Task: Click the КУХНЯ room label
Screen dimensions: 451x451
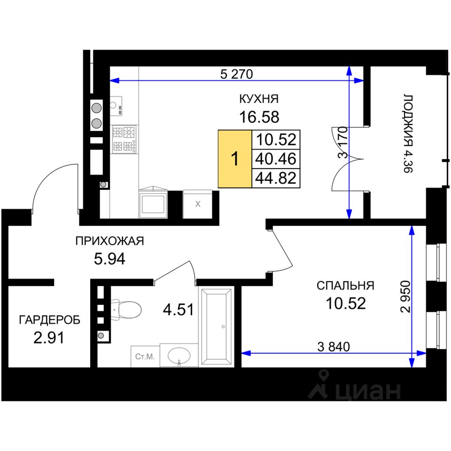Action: pyautogui.click(x=259, y=99)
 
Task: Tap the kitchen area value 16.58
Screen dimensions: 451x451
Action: pyautogui.click(x=259, y=117)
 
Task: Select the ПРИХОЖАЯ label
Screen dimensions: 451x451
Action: pyautogui.click(x=109, y=241)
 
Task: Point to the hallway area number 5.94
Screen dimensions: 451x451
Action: pyautogui.click(x=109, y=259)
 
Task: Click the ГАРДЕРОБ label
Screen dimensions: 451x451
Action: pyautogui.click(x=49, y=320)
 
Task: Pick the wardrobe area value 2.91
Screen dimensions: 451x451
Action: pyautogui.click(x=49, y=338)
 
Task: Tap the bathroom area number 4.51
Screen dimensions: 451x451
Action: pyautogui.click(x=179, y=310)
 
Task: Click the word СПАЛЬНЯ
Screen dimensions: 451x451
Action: pyautogui.click(x=345, y=286)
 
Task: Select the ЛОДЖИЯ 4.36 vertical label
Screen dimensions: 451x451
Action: pyautogui.click(x=408, y=133)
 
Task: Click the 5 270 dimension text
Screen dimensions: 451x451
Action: pyautogui.click(x=236, y=74)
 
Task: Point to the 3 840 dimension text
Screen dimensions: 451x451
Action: pyautogui.click(x=334, y=347)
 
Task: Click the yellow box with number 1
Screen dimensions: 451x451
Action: pyautogui.click(x=235, y=159)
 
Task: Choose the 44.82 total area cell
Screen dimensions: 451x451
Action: pyautogui.click(x=276, y=179)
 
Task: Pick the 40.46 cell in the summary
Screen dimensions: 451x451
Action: pyautogui.click(x=276, y=159)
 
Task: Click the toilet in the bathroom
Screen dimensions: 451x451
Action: pyautogui.click(x=126, y=310)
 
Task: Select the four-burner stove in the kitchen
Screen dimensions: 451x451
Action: pyautogui.click(x=124, y=139)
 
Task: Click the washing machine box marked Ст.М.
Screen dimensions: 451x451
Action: pyautogui.click(x=145, y=357)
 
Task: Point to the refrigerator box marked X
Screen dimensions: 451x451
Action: pyautogui.click(x=198, y=204)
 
